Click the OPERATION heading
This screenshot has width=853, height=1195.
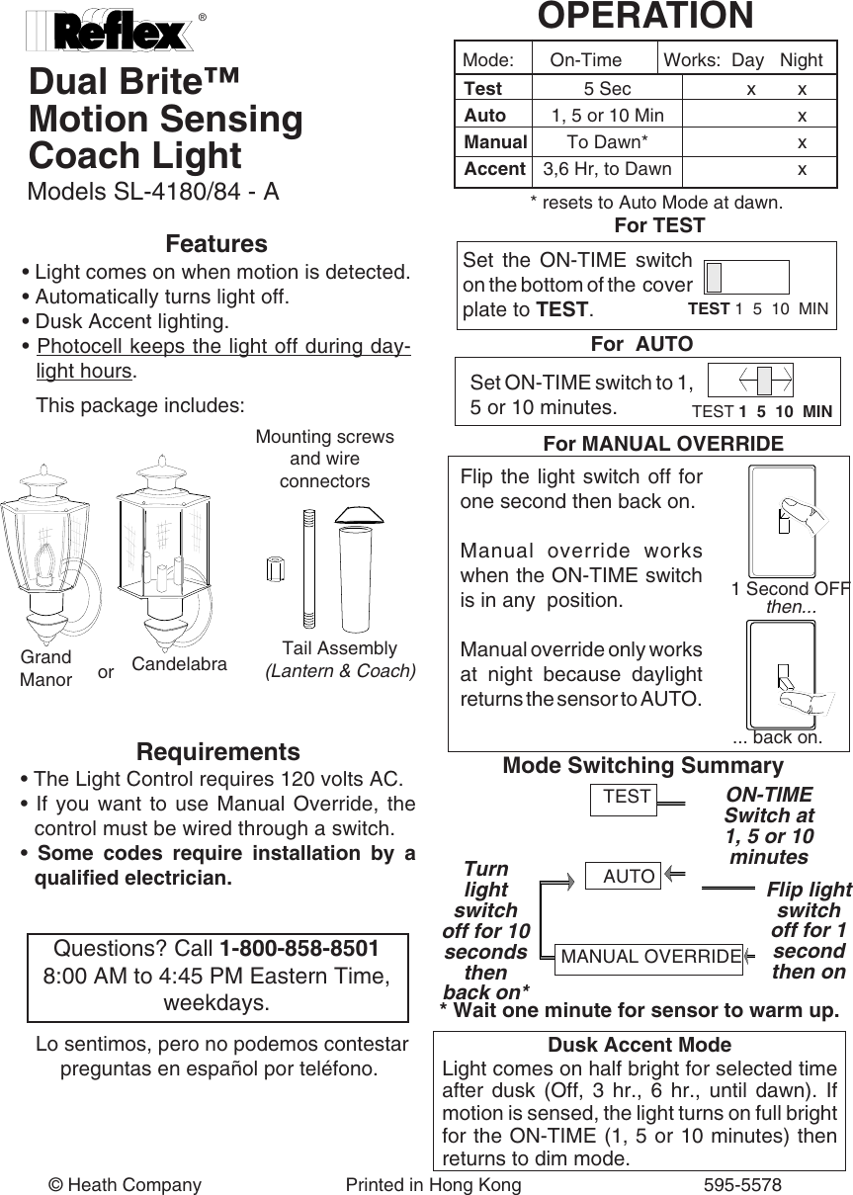644,16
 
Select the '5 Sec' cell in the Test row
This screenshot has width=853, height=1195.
607,89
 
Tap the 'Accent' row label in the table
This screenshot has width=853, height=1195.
494,169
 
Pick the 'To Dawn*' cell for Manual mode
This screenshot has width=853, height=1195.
607,142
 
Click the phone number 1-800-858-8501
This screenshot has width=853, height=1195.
299,949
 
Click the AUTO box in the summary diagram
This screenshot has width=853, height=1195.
629,876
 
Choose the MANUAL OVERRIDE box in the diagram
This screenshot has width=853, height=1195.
649,956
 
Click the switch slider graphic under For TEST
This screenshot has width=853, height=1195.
746,278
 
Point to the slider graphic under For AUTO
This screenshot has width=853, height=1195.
752,381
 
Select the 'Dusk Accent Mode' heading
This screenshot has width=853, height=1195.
640,1045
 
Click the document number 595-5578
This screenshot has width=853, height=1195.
742,1184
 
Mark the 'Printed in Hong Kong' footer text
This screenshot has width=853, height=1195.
433,1184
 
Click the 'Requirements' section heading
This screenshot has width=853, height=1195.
217,751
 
